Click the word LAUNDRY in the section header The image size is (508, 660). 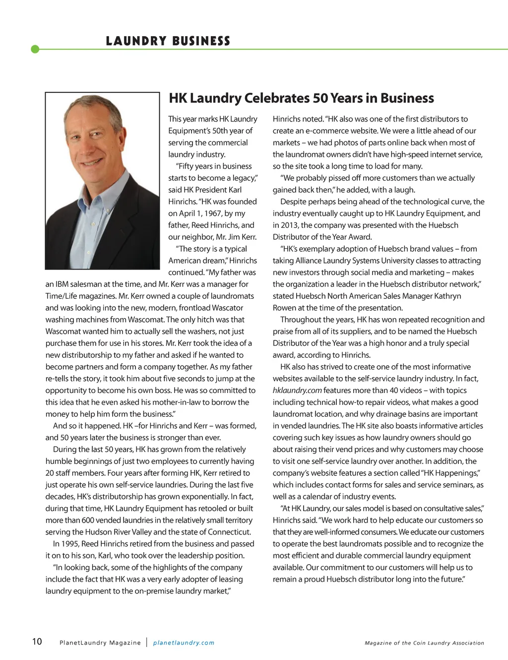pyautogui.click(x=136, y=41)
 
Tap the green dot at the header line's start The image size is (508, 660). pyautogui.click(x=35, y=49)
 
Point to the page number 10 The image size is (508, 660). pyautogui.click(x=37, y=642)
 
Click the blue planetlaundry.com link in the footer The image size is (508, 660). pyautogui.click(x=184, y=643)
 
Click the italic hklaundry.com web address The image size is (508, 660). pyautogui.click(x=297, y=391)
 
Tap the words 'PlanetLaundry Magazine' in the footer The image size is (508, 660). pyautogui.click(x=100, y=643)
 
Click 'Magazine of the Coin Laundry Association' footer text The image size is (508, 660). pyautogui.click(x=424, y=643)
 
